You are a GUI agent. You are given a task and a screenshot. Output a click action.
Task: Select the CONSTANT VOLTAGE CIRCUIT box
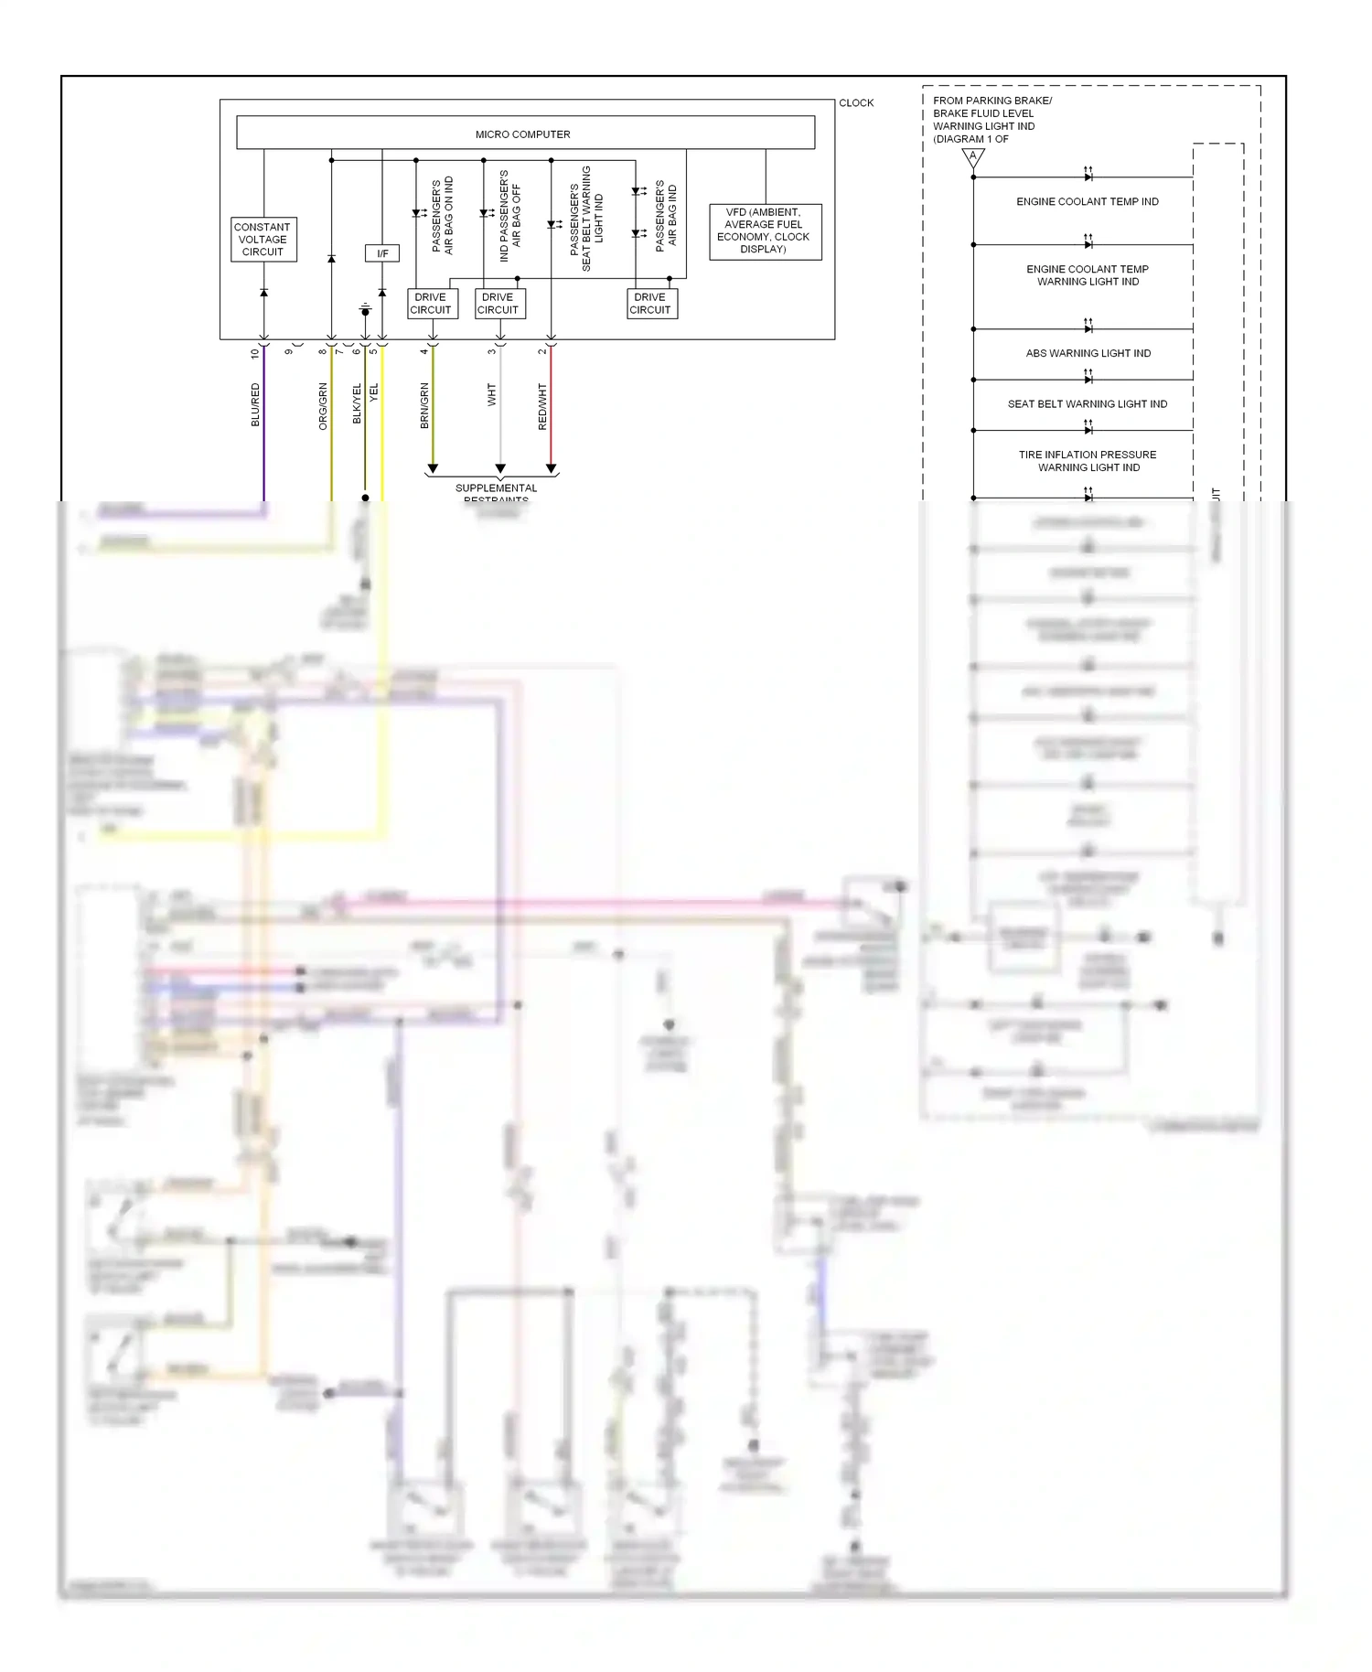pyautogui.click(x=263, y=240)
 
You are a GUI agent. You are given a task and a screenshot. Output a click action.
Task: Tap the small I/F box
pyautogui.click(x=382, y=253)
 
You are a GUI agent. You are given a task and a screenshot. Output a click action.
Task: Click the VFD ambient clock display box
pyautogui.click(x=765, y=231)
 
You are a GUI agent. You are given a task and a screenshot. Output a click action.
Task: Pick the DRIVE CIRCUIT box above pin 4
pyautogui.click(x=431, y=304)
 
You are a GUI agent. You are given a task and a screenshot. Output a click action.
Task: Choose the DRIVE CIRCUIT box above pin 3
pyautogui.click(x=498, y=304)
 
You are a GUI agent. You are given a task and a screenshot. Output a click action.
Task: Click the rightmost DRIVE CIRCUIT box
pyautogui.click(x=651, y=304)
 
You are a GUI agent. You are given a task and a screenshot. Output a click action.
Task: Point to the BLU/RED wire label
pyautogui.click(x=255, y=405)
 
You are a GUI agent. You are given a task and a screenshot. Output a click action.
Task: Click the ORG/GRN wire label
pyautogui.click(x=323, y=406)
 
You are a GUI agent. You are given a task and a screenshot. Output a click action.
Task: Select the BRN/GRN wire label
pyautogui.click(x=424, y=406)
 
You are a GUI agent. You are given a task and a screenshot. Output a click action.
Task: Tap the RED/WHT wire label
pyautogui.click(x=542, y=407)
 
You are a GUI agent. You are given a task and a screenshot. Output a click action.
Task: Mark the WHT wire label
pyautogui.click(x=491, y=395)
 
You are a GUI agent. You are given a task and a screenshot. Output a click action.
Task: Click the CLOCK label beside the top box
pyautogui.click(x=856, y=103)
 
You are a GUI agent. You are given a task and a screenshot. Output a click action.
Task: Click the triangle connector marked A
pyautogui.click(x=973, y=157)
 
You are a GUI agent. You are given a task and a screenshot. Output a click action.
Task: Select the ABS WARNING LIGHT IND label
pyautogui.click(x=1088, y=353)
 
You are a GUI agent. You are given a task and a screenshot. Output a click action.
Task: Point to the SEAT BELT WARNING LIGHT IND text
pyautogui.click(x=1088, y=403)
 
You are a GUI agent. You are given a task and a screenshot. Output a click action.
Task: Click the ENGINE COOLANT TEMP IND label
pyautogui.click(x=1088, y=201)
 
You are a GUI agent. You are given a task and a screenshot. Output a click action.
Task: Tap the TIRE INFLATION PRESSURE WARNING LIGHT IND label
pyautogui.click(x=1088, y=461)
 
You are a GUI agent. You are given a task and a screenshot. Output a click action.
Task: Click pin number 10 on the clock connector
pyautogui.click(x=255, y=353)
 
